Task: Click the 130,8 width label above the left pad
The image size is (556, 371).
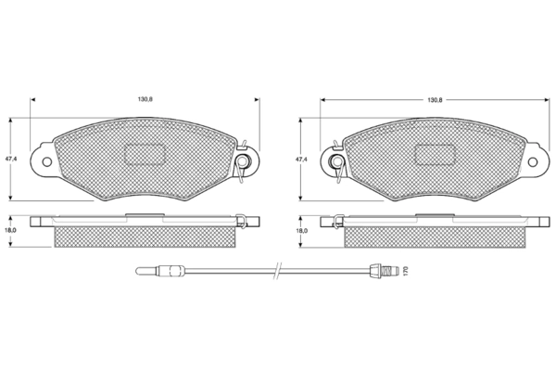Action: click(145, 100)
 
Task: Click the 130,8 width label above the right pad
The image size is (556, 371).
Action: click(435, 100)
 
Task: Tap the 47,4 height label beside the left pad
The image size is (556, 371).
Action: click(11, 160)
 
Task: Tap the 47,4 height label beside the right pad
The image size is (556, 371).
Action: click(301, 160)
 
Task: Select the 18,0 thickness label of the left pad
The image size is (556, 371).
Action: click(11, 230)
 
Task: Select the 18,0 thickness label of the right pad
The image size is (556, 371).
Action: click(302, 230)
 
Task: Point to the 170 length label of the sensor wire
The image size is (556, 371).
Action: click(407, 271)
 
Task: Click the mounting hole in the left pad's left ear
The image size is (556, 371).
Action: click(47, 162)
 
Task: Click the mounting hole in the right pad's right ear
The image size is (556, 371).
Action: click(533, 162)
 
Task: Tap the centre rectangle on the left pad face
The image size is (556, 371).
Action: click(145, 155)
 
